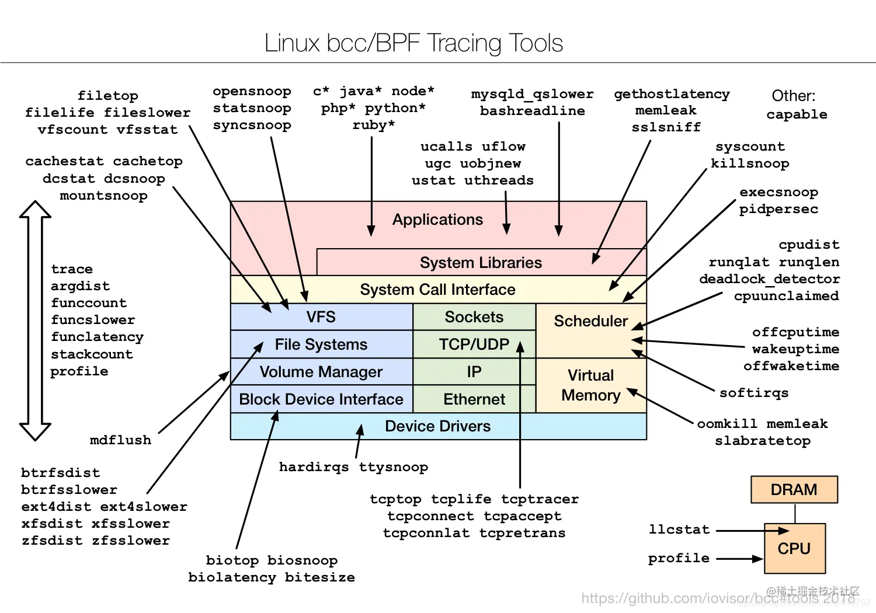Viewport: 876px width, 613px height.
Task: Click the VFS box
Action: (321, 317)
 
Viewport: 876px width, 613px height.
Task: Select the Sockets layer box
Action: (474, 317)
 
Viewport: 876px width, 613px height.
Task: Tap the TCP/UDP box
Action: (474, 344)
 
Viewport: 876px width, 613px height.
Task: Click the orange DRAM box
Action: (794, 489)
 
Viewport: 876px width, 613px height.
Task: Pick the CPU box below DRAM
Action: (794, 549)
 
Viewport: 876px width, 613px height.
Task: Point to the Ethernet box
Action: (474, 399)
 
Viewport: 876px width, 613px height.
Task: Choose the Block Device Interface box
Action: (321, 399)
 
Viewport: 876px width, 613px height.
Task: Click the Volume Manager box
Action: (321, 372)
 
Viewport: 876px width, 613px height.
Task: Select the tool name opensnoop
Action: (252, 92)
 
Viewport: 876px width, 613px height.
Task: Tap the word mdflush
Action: (120, 440)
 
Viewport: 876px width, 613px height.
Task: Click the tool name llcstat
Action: (679, 530)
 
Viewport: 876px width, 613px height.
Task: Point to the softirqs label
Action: (754, 393)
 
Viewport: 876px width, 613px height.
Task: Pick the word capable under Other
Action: (797, 114)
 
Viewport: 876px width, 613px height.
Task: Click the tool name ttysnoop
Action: (393, 467)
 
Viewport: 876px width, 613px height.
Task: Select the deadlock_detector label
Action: (769, 279)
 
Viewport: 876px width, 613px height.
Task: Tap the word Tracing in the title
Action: (464, 43)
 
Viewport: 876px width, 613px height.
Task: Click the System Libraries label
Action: (481, 263)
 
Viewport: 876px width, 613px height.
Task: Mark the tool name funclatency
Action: (97, 337)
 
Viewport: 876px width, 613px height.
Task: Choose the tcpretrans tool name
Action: (522, 533)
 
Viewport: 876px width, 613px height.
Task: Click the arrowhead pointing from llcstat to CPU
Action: (783, 531)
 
